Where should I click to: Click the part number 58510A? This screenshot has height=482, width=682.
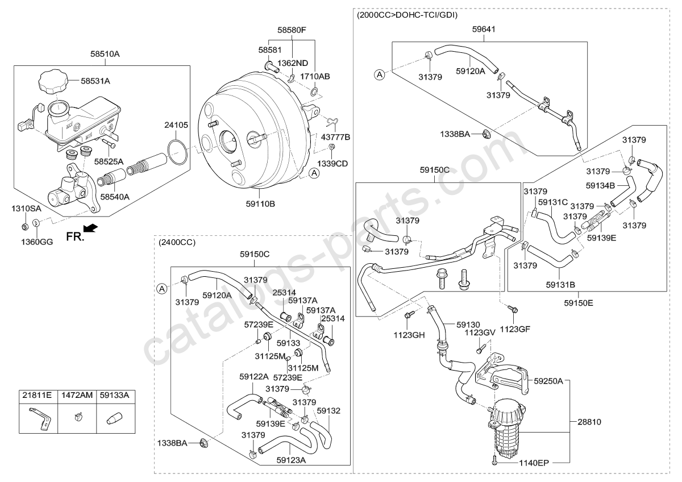[x=105, y=54]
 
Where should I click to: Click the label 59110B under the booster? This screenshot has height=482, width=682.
[x=260, y=203]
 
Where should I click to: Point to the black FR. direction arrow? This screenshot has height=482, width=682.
[x=89, y=228]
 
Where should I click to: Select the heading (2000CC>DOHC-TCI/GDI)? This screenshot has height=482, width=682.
[x=407, y=15]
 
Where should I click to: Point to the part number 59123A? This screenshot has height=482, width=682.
[x=291, y=460]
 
